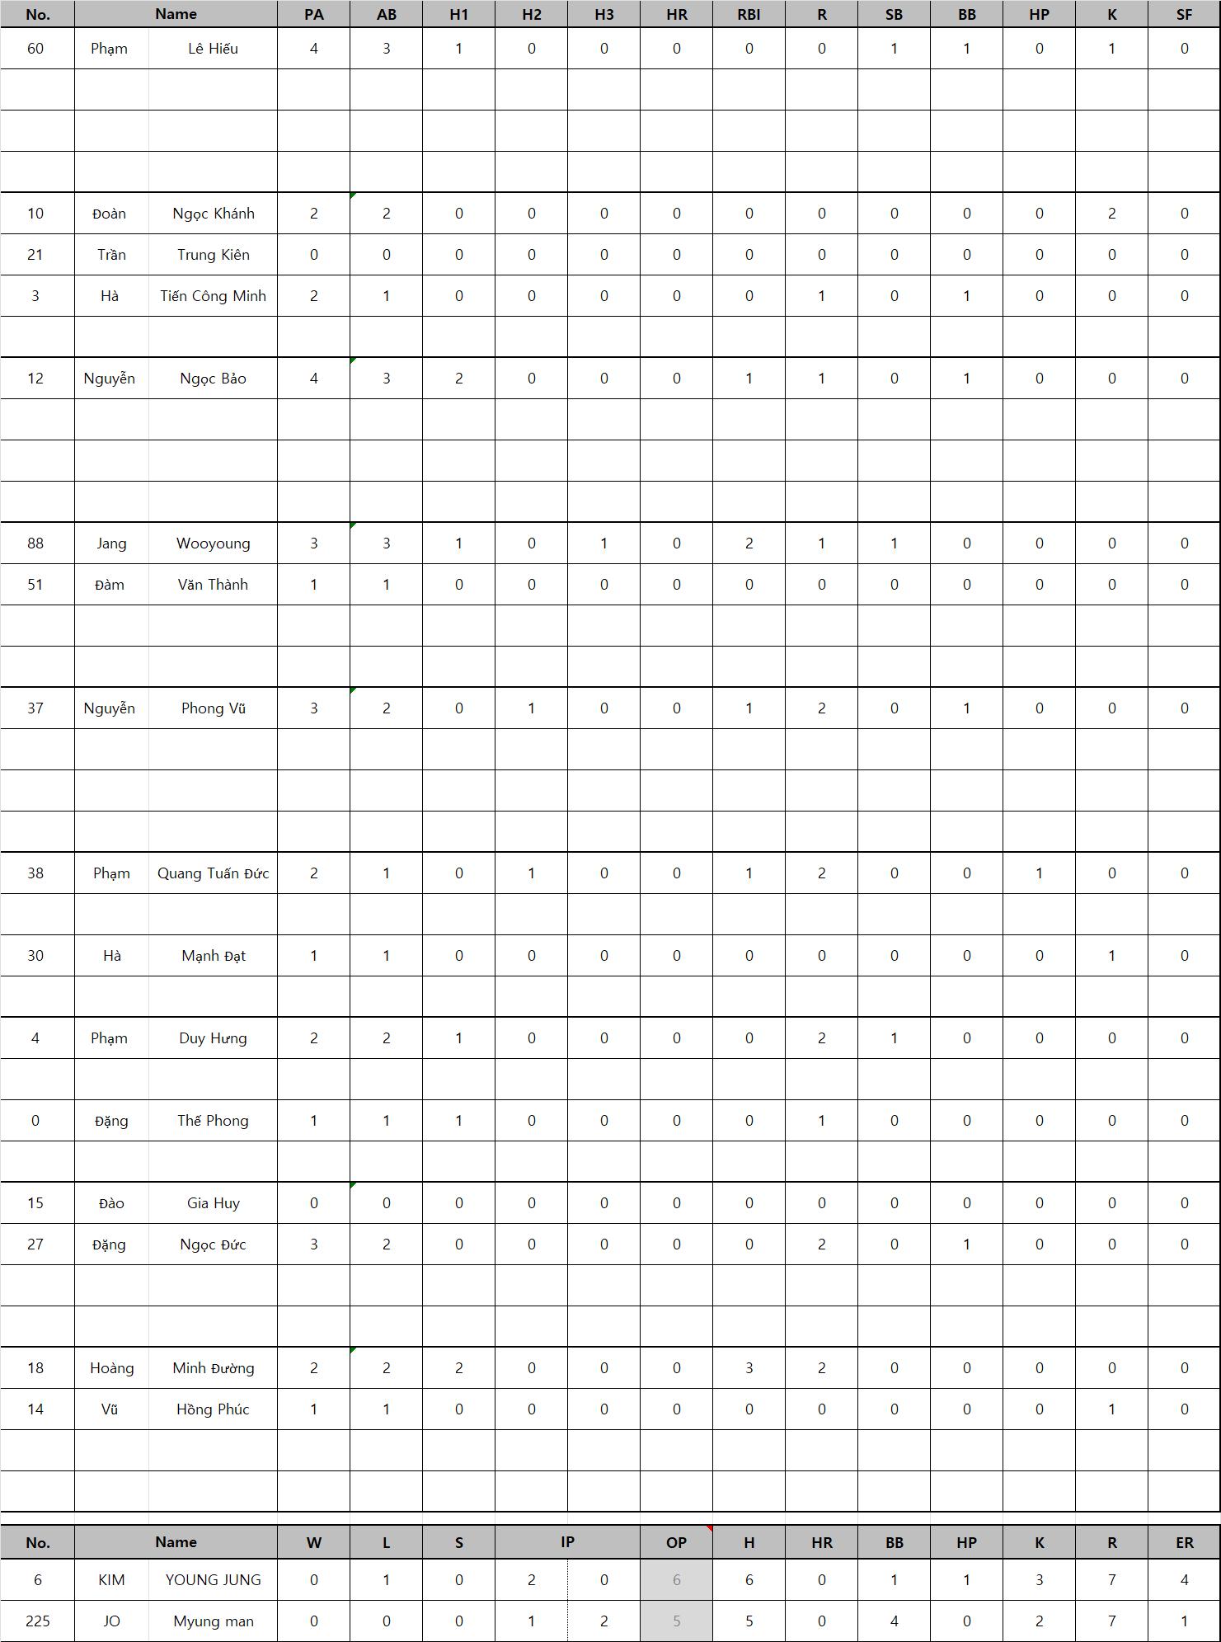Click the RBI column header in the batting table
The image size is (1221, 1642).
749,14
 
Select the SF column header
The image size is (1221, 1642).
1184,14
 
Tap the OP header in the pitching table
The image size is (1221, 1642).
676,1541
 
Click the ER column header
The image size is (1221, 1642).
1184,1541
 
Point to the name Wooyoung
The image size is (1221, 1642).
213,543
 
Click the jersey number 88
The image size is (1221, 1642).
35,543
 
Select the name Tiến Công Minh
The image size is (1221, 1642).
213,296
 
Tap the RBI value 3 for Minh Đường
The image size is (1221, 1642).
749,1368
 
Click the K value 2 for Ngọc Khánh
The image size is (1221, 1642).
1111,214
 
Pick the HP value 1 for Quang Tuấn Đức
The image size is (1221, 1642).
1039,873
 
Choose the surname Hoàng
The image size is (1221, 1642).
111,1368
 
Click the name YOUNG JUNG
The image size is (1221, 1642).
213,1579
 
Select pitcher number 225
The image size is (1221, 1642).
38,1621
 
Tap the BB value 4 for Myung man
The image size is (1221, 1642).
894,1621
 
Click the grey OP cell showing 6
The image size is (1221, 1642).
676,1579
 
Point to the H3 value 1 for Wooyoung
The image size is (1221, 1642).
603,543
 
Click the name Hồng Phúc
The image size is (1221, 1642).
213,1409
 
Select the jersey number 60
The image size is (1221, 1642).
35,49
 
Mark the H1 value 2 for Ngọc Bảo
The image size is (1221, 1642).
458,379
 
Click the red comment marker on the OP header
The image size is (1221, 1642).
709,1528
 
